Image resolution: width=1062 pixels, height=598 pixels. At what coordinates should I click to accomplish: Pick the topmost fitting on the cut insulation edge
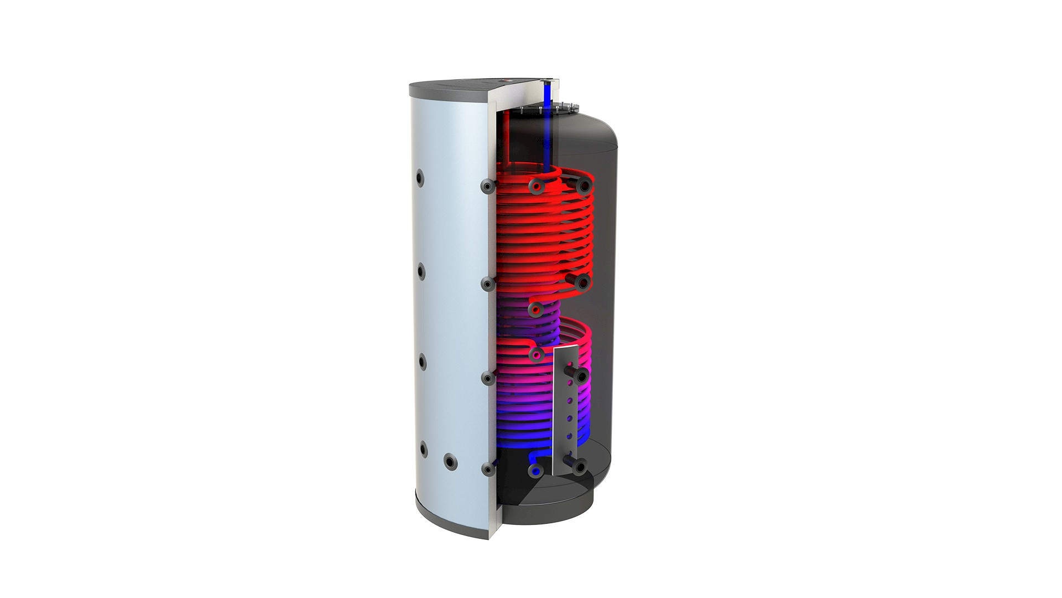[487, 187]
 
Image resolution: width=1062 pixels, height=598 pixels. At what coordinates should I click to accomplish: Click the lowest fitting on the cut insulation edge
[488, 469]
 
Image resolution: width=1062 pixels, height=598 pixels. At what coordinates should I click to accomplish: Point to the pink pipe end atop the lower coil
[535, 353]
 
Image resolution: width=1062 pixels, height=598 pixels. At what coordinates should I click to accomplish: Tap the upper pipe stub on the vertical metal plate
[580, 377]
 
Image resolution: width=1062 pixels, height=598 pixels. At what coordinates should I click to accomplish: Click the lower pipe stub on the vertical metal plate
[578, 467]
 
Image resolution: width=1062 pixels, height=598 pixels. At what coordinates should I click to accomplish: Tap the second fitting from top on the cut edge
[487, 284]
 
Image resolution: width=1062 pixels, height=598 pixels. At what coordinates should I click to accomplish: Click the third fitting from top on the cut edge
[487, 379]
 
